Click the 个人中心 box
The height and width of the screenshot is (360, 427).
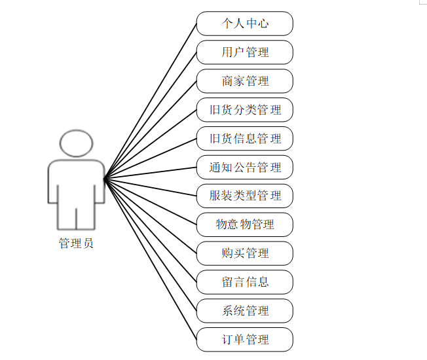(x=245, y=24)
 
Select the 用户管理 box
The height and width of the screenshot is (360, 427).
(x=245, y=52)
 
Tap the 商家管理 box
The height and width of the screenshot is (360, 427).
(x=245, y=81)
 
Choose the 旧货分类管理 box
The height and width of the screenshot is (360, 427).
(x=245, y=110)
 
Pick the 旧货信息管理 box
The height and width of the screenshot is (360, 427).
(x=245, y=139)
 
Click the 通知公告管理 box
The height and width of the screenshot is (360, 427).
(x=245, y=168)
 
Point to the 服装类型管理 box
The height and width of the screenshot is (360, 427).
(x=245, y=196)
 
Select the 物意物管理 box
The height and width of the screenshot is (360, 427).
(x=245, y=225)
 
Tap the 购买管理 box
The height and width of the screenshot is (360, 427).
(x=245, y=253)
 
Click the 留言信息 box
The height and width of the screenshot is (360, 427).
(x=245, y=282)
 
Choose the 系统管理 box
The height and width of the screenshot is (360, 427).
(x=245, y=311)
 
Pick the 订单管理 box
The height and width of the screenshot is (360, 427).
(x=245, y=340)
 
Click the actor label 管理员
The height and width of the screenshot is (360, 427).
(x=76, y=243)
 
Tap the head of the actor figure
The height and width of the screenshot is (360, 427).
(x=76, y=143)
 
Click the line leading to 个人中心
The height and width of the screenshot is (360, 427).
(x=151, y=100)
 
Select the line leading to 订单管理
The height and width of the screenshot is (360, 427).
(x=151, y=259)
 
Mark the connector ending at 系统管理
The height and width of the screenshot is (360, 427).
(x=151, y=244)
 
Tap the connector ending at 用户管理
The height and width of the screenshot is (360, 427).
(x=151, y=115)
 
